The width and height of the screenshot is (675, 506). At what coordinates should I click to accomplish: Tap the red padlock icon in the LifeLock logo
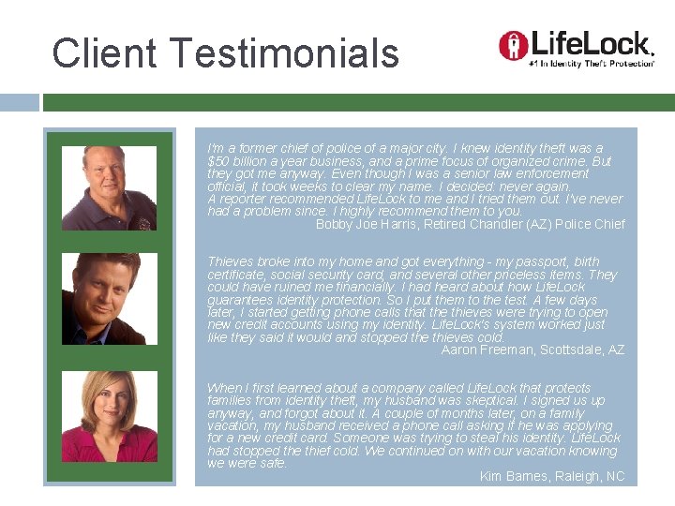tap(512, 44)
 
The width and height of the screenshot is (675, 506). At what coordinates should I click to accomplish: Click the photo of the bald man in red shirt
tap(109, 187)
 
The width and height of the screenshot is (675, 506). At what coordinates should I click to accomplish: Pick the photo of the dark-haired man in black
tap(109, 298)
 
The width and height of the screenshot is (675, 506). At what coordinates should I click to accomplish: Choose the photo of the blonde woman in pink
tap(109, 416)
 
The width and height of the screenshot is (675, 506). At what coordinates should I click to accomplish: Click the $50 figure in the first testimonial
tap(217, 161)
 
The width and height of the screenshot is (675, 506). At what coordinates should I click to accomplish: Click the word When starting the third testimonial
tap(223, 388)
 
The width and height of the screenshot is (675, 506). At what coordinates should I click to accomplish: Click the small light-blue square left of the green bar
tap(20, 102)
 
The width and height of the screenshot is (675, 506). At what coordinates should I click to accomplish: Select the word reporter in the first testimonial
tap(243, 199)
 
